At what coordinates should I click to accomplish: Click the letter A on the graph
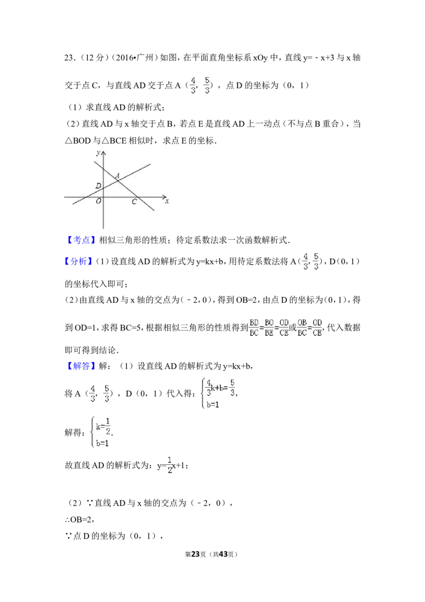click(x=117, y=175)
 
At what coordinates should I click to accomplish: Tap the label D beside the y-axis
click(x=98, y=186)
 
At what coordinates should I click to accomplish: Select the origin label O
click(x=98, y=201)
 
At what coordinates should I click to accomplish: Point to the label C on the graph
click(x=134, y=202)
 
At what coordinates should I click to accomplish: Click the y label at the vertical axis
click(x=98, y=153)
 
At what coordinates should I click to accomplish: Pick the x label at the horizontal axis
click(x=166, y=201)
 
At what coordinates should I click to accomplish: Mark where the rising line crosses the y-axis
click(x=103, y=188)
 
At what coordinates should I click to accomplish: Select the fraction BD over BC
click(x=254, y=327)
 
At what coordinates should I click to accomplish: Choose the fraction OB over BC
click(x=302, y=327)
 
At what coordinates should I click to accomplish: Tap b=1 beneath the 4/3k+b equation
click(x=214, y=405)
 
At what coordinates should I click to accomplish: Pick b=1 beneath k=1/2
click(x=102, y=442)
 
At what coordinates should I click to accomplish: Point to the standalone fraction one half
click(x=170, y=464)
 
